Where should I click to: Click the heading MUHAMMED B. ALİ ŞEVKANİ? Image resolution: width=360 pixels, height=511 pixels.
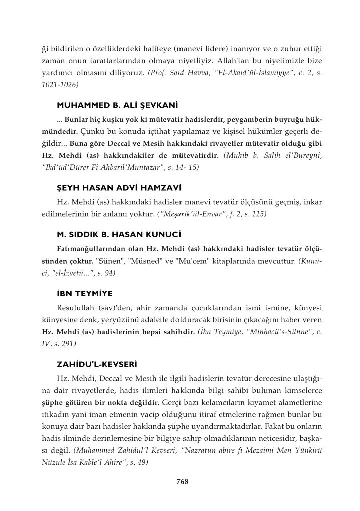(x=118, y=106)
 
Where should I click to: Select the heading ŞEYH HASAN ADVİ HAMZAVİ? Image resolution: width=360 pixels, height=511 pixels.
(x=117, y=188)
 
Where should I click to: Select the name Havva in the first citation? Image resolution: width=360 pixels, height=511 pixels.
(x=188, y=73)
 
